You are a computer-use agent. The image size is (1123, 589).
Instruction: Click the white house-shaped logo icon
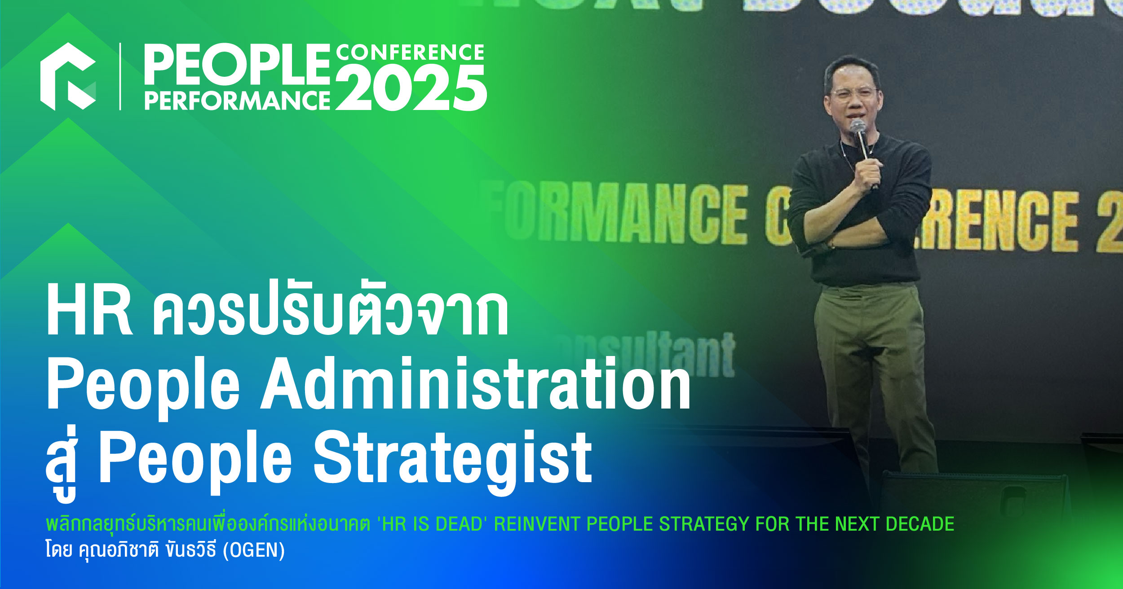tap(68, 76)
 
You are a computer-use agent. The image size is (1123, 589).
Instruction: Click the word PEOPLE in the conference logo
tap(237, 66)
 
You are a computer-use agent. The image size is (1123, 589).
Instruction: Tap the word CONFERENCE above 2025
tap(410, 53)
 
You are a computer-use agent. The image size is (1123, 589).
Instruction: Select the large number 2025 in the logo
tap(411, 88)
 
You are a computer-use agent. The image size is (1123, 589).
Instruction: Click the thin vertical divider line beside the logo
tap(120, 76)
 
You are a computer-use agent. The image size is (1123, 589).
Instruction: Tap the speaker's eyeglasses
tap(852, 93)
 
